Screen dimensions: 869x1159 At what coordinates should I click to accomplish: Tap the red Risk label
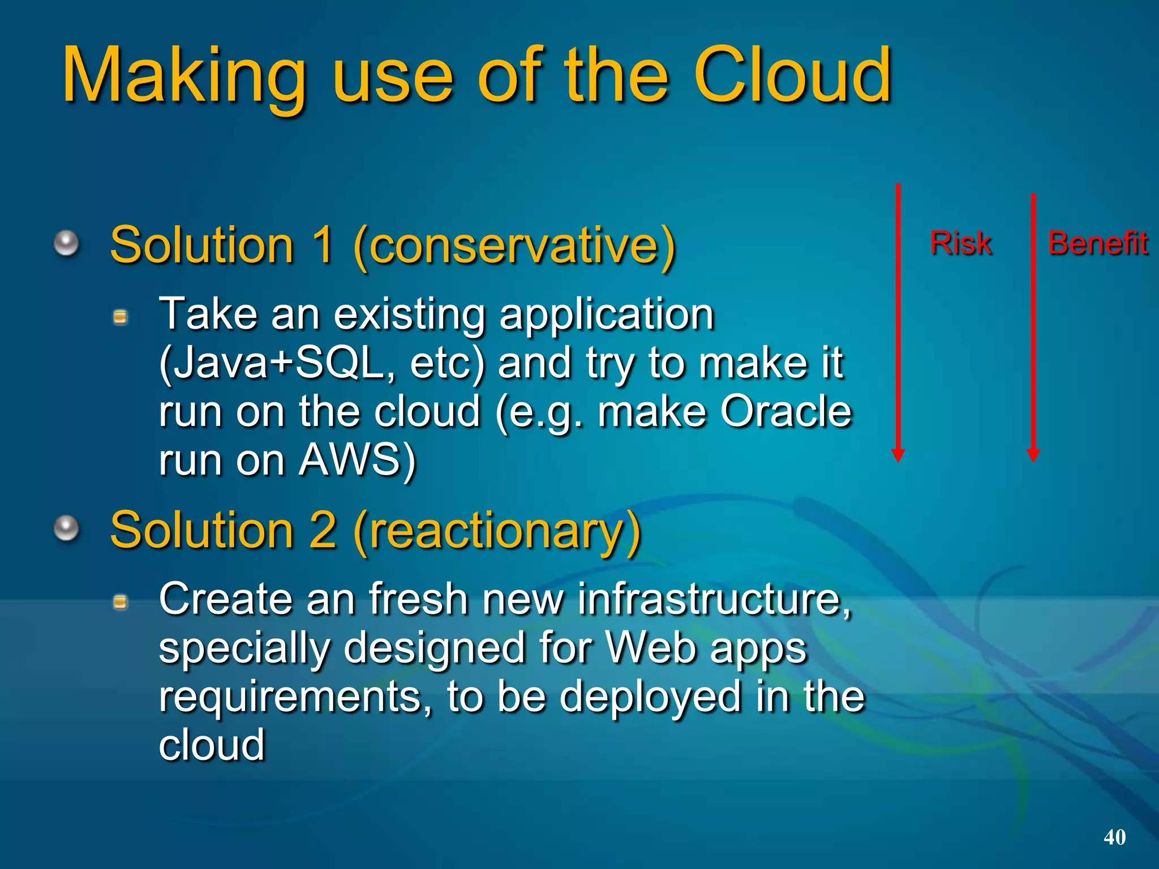960,243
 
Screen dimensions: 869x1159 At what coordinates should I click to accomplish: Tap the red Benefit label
1098,243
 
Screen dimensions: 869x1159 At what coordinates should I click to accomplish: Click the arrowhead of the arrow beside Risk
898,455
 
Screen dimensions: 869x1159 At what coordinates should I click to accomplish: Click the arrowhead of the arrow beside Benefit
1033,455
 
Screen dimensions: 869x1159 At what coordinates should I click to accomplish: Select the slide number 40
1114,837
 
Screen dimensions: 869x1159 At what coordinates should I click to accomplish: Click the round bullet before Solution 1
67,243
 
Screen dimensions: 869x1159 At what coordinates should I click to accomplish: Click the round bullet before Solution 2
67,528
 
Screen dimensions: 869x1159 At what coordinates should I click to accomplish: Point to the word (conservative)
514,246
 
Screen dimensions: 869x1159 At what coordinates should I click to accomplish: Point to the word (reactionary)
497,531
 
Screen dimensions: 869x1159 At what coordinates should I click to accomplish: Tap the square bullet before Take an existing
121,317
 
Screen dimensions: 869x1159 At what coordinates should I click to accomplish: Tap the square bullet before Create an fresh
121,602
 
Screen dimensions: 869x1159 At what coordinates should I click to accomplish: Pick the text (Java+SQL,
277,363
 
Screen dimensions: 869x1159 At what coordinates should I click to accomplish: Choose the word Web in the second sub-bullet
650,647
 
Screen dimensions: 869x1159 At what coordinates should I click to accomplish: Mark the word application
606,315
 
